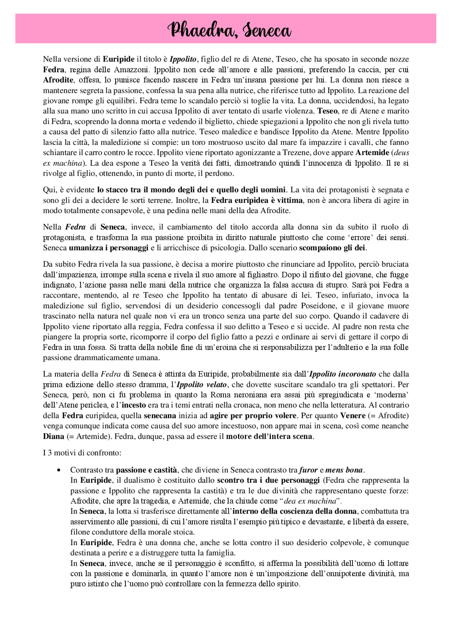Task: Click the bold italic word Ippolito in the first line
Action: [x=183, y=59]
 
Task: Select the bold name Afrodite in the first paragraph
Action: [x=58, y=80]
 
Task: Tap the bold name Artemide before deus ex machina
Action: [x=372, y=153]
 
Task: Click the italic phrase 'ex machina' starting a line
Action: [x=63, y=163]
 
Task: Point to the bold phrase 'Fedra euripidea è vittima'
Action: [x=257, y=200]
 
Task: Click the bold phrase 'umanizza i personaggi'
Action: [x=108, y=248]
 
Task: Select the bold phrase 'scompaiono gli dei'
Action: [x=332, y=248]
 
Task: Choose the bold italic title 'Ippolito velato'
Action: [x=201, y=384]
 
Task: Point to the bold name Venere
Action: [x=352, y=416]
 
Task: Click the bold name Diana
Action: [x=54, y=436]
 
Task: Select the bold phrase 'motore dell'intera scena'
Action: [x=269, y=436]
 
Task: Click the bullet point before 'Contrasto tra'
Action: [x=59, y=470]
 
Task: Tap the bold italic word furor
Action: [x=308, y=470]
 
